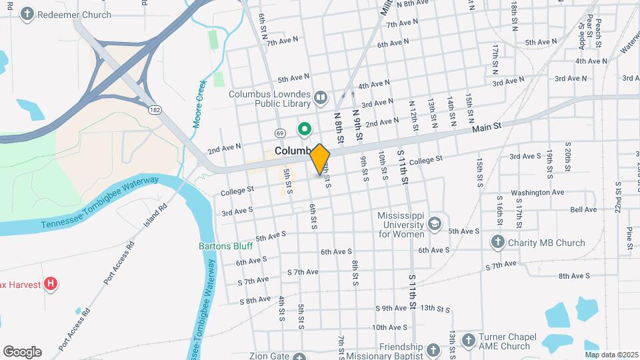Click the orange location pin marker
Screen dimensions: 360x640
(320, 159)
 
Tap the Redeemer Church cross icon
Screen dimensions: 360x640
(27, 14)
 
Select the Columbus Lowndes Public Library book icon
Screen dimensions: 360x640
(321, 99)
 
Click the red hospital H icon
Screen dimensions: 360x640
(51, 285)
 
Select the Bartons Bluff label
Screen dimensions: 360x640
(225, 245)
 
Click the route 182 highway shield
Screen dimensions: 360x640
(155, 109)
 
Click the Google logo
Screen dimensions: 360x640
(22, 352)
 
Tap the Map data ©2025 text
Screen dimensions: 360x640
(611, 355)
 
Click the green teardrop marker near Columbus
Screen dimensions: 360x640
(305, 129)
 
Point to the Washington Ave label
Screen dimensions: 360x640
(537, 193)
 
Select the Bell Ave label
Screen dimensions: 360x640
(583, 209)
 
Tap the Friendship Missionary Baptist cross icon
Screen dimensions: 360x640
(433, 351)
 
